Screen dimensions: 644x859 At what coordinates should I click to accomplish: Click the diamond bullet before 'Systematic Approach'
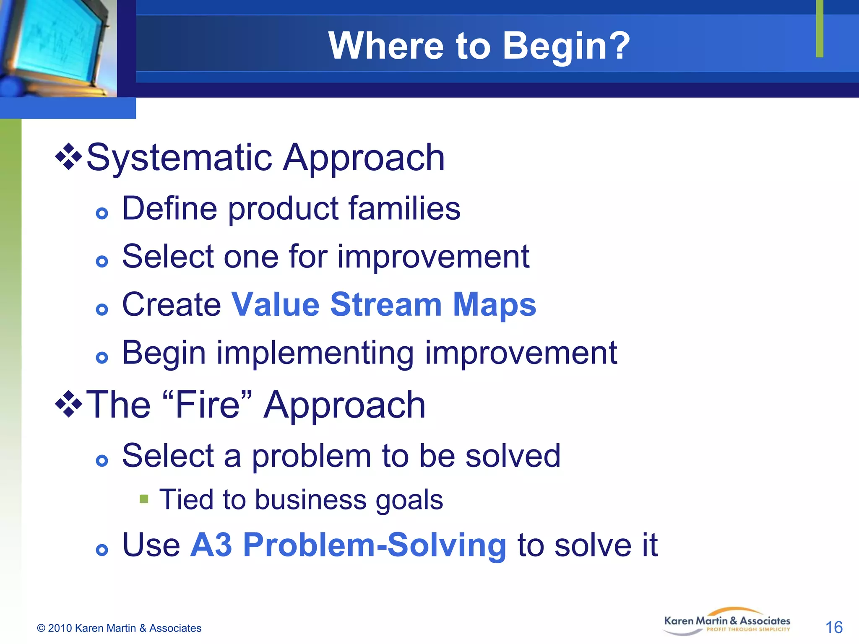[x=68, y=157]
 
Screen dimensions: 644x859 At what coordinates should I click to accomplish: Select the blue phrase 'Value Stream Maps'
[x=383, y=304]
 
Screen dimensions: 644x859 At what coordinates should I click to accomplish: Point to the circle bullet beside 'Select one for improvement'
[x=102, y=262]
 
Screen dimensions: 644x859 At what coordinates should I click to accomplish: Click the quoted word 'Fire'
[x=207, y=405]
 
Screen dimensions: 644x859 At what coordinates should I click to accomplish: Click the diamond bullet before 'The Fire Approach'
[x=68, y=404]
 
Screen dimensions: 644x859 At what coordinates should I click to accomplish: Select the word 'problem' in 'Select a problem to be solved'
[x=311, y=456]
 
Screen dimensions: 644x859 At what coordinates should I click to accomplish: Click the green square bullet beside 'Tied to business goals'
[x=144, y=499]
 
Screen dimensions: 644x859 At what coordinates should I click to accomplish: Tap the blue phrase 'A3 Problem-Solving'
[x=348, y=545]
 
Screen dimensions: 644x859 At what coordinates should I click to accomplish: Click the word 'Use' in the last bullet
[x=151, y=545]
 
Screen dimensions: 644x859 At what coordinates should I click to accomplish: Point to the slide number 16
[x=833, y=627]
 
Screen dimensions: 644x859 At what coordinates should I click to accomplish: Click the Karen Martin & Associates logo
[x=726, y=622]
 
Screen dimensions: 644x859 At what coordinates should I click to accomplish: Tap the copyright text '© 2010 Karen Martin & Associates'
[x=119, y=628]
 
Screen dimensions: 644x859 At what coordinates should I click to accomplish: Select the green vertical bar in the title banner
[x=820, y=29]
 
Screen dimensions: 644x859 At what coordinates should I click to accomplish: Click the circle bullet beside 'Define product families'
[x=102, y=214]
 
